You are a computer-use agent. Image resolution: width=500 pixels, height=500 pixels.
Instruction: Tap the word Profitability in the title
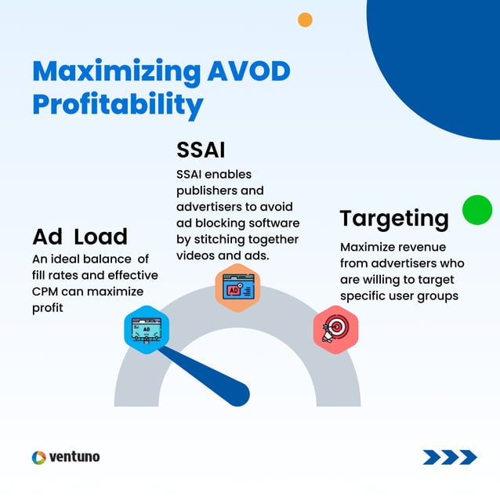click(118, 104)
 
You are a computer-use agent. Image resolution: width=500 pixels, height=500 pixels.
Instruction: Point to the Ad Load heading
click(80, 236)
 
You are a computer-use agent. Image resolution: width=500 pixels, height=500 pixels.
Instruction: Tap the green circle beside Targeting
click(476, 210)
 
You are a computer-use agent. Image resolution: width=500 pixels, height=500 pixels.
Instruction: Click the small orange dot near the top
click(306, 20)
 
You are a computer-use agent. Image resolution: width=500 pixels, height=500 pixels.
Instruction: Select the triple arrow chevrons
click(450, 457)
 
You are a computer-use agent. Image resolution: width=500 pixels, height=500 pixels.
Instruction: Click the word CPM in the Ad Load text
click(48, 292)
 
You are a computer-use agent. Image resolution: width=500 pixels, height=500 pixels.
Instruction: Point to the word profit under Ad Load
click(48, 308)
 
